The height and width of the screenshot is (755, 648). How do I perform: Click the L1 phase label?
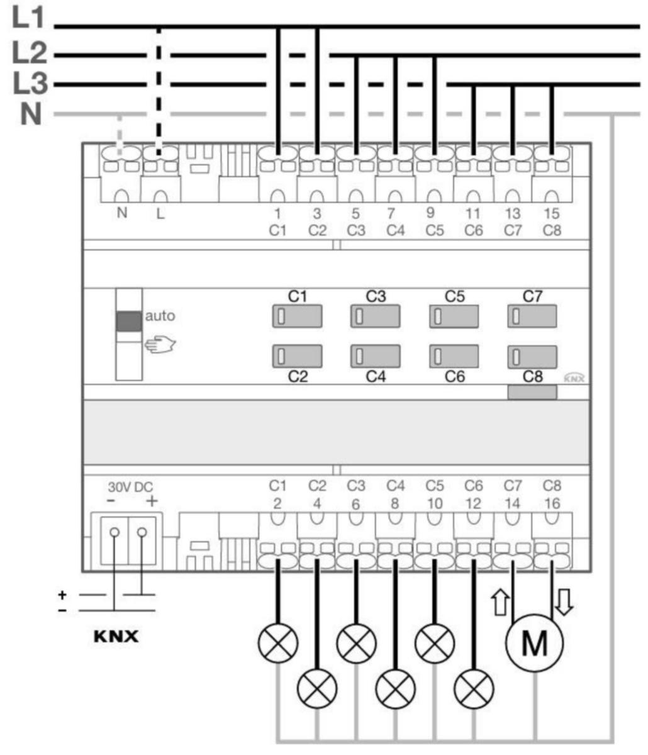coord(28,18)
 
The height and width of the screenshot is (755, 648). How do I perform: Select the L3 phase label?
coord(30,84)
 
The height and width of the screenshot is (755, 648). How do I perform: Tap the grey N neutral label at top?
coord(30,114)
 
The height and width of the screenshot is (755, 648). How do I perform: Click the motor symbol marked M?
coord(534,642)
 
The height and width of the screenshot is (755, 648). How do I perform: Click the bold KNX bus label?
coord(116,637)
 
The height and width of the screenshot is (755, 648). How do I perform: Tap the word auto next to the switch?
coord(160,316)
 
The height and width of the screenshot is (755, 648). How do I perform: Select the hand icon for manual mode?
coord(160,344)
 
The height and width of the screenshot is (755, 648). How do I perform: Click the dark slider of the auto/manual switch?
coord(129,321)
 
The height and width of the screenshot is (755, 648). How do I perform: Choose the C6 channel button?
coord(454,356)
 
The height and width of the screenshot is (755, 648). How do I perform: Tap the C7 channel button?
coord(532,316)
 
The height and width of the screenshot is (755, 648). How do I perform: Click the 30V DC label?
coord(130,487)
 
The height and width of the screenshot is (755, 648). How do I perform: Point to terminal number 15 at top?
coord(552,213)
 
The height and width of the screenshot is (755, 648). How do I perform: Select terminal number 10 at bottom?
coord(435,504)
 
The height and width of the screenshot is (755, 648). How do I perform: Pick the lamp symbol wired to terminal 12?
coord(474,688)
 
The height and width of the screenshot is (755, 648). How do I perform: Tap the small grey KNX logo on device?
coord(574,377)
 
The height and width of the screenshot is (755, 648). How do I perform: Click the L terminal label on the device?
coord(160,215)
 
